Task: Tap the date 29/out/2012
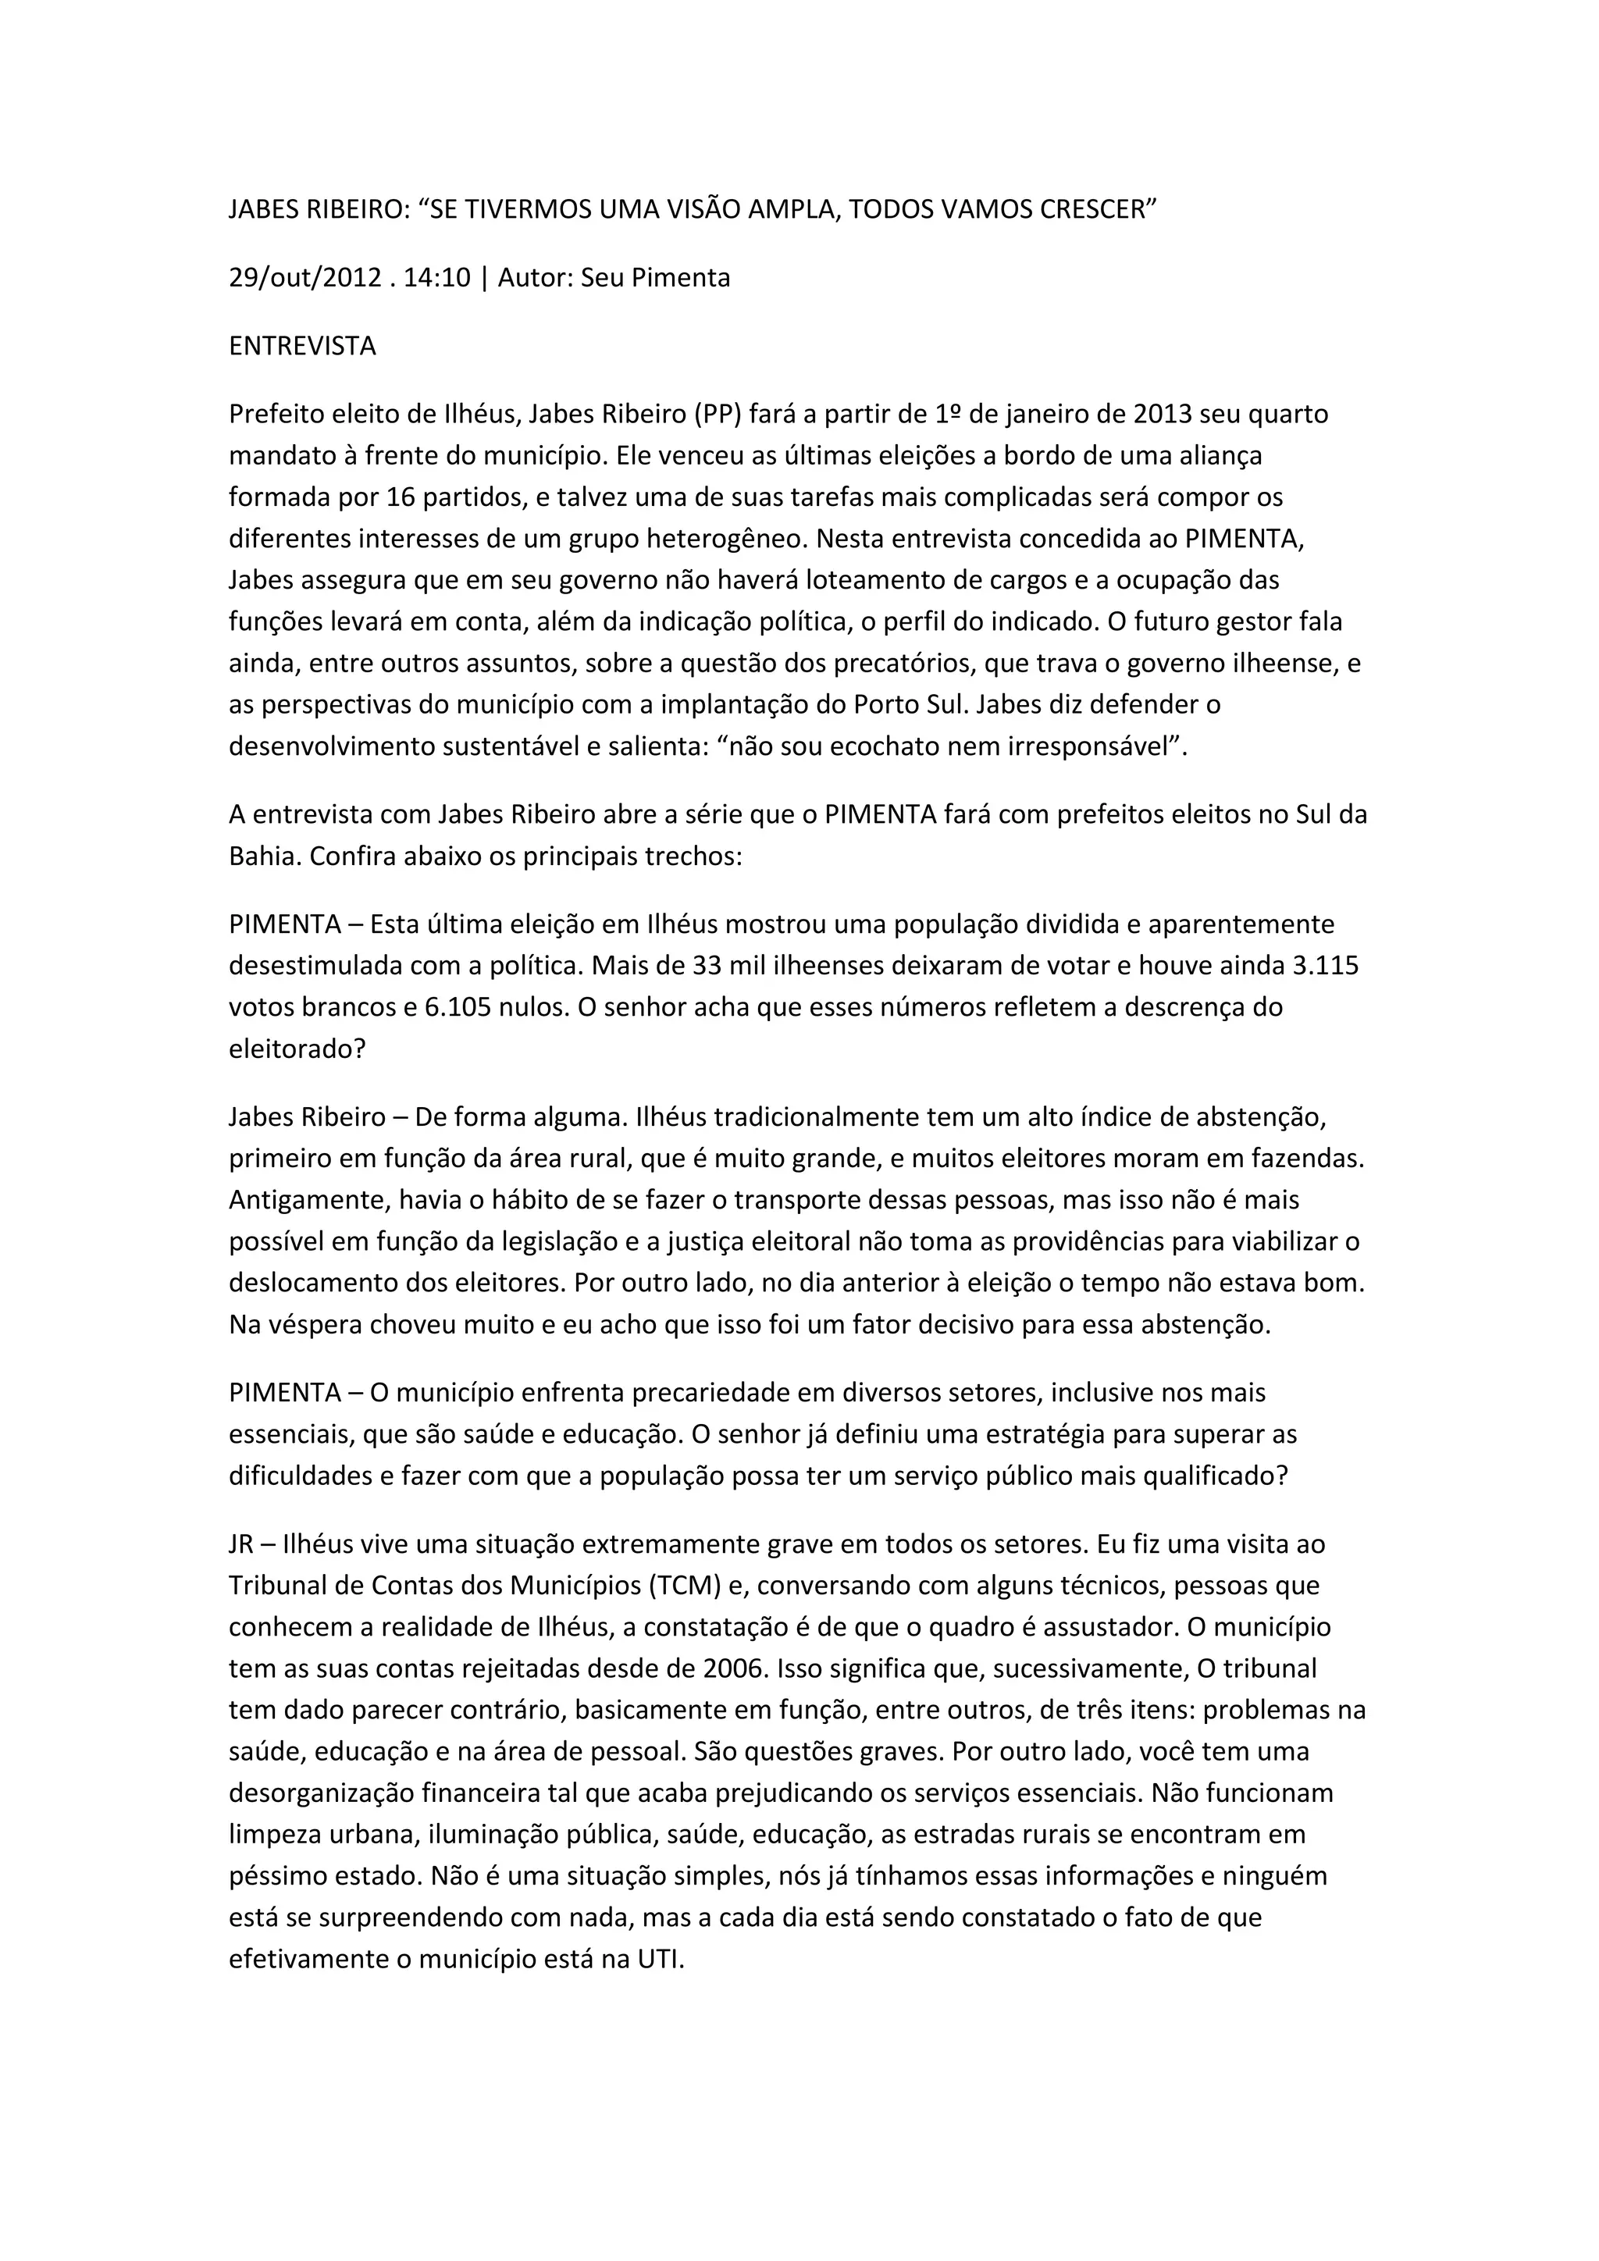[304, 279]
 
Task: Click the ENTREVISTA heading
[302, 347]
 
